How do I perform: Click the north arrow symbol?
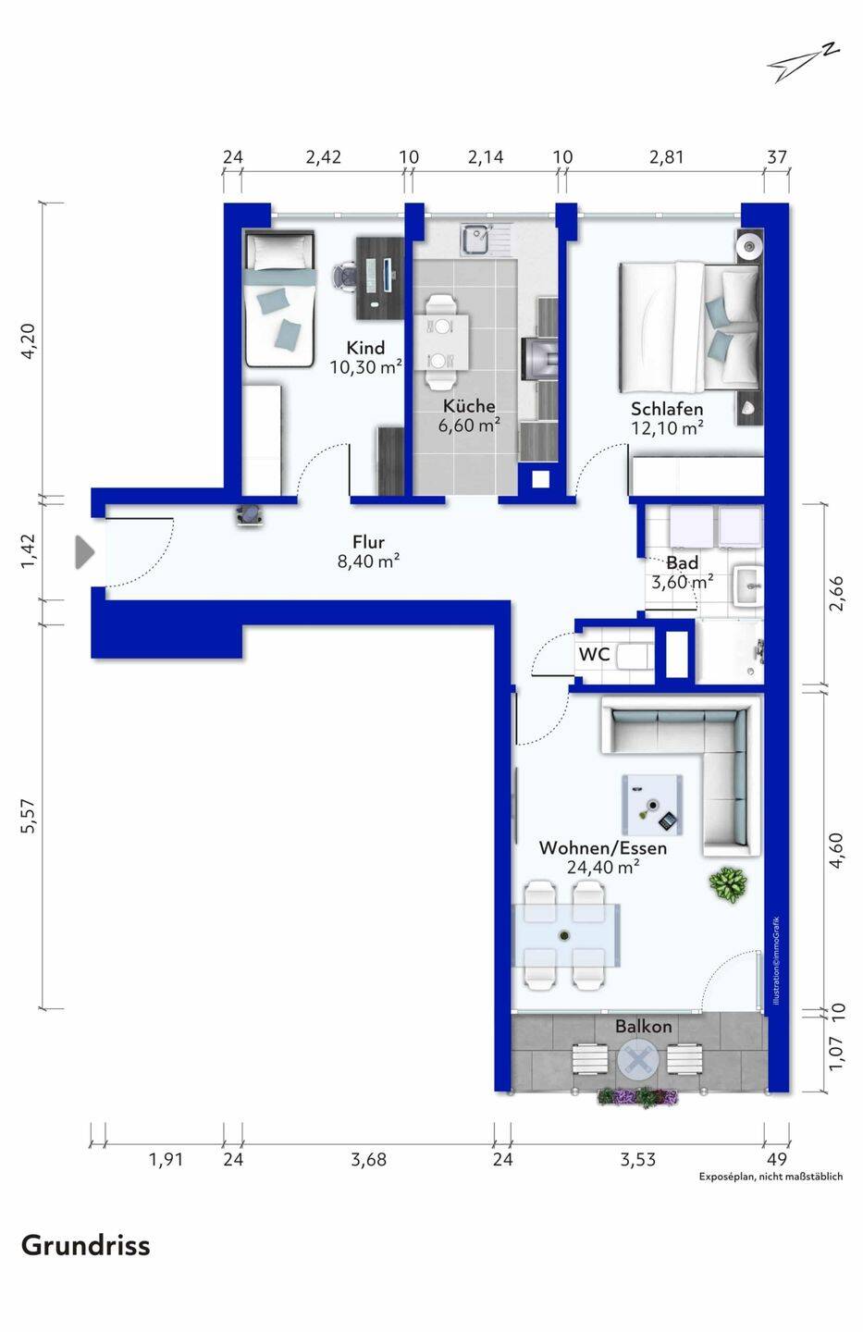coord(802,62)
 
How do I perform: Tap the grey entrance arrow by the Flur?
coord(84,552)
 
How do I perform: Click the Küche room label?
coord(469,406)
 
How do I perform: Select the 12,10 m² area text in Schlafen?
coord(667,427)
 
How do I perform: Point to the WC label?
coord(594,654)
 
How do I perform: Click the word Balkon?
coord(644,1026)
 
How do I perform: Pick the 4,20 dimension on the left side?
coord(29,341)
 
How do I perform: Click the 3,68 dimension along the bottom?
coord(368,1159)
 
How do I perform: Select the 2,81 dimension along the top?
coord(666,157)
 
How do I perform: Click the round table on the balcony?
coord(638,1060)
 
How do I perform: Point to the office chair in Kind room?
coord(345,276)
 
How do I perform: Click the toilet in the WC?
coord(634,657)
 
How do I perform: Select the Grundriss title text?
coord(86,1245)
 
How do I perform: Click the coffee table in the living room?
coord(652,805)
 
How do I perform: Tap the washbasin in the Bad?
coord(747,586)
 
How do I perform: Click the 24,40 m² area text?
coord(602,867)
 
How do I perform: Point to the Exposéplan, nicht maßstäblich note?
coord(771,1177)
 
